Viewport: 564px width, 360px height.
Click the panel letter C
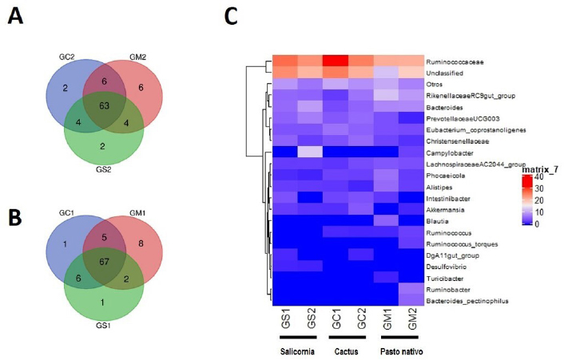[231, 17]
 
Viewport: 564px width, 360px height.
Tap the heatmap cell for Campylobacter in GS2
[308, 152]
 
